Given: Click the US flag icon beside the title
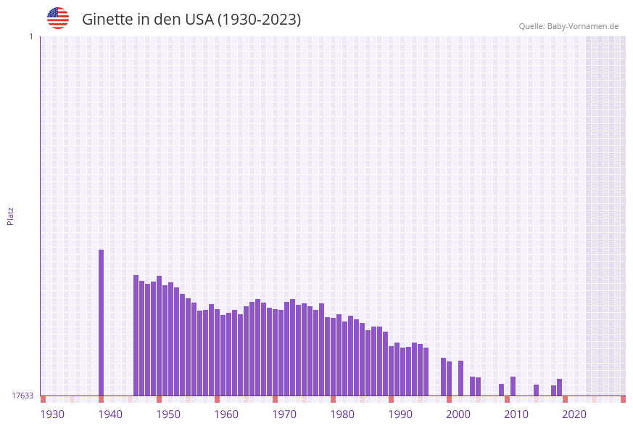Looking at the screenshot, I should [x=58, y=18].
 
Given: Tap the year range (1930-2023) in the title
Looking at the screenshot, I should [x=259, y=20].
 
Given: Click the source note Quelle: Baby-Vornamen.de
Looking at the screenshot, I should [x=568, y=26].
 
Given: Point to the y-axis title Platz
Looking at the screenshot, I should [x=11, y=216].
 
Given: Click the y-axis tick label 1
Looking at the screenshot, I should [x=30, y=36].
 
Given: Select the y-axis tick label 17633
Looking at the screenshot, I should [x=22, y=396].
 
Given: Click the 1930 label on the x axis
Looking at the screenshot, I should [x=52, y=414].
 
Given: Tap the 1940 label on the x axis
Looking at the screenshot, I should [x=110, y=414].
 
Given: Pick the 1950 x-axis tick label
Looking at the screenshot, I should [x=168, y=414].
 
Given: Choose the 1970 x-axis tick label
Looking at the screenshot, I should [x=284, y=414].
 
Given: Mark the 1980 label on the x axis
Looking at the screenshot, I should [x=342, y=414].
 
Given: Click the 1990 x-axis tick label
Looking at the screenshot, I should [x=400, y=414].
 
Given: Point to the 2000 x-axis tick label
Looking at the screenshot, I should [x=458, y=414].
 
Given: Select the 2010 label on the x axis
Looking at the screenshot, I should [x=516, y=414].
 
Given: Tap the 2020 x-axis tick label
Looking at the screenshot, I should [x=574, y=414].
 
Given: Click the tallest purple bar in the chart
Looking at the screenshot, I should [x=102, y=322].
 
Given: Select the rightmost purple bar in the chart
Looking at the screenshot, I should [x=560, y=387].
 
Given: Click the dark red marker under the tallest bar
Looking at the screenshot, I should [x=102, y=399].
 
